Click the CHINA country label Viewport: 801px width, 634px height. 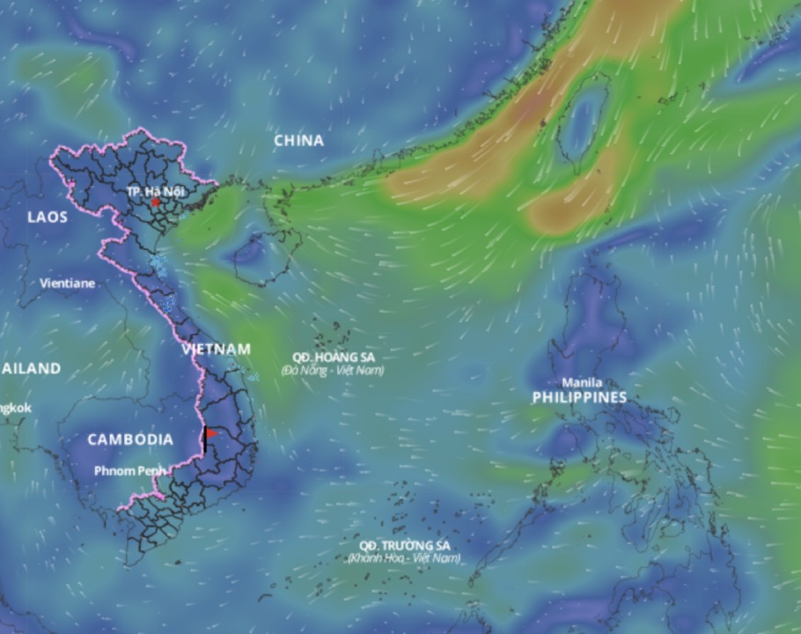[298, 141]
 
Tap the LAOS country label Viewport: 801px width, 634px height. [47, 217]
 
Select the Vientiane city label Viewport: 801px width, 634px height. [68, 284]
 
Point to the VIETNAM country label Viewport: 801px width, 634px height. [217, 350]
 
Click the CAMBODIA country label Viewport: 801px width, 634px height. [130, 439]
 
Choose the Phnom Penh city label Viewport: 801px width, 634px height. [129, 471]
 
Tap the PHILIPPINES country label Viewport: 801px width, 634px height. [579, 398]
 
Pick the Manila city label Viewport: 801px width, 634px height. [582, 383]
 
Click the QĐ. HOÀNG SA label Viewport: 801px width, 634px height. [333, 357]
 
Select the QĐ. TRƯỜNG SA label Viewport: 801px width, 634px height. [404, 545]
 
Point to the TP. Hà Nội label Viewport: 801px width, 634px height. [156, 191]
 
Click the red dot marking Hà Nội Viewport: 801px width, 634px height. [156, 202]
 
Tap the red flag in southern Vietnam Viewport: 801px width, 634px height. [211, 433]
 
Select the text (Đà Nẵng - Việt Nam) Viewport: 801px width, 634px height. [333, 371]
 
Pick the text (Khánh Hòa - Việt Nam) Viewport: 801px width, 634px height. [404, 558]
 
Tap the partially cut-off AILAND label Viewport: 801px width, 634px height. [31, 368]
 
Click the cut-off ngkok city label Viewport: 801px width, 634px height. [16, 409]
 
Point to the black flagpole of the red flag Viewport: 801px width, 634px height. [205, 440]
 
